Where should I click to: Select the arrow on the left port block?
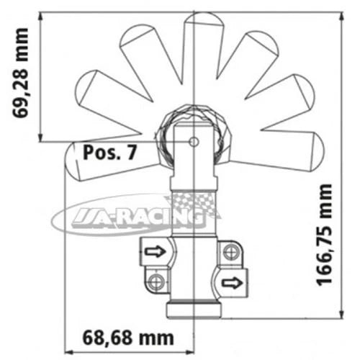pos(154,251)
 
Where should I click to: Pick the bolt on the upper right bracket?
pos(230,251)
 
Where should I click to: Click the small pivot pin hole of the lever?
pos(193,143)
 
